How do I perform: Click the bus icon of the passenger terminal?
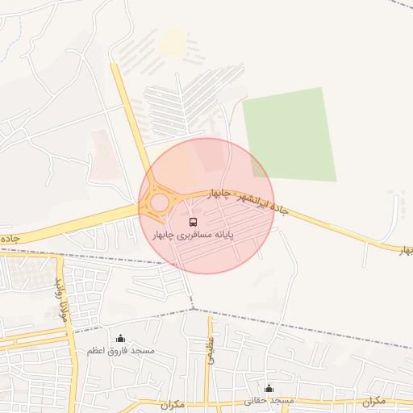pos(193,221)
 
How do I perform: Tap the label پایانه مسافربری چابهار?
pos(194,235)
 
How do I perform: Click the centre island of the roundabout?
pos(160,202)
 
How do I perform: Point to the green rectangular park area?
pos(290,133)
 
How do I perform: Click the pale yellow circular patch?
pos(172,42)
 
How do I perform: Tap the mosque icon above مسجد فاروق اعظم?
pos(121,338)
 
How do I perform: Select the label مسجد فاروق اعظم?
pos(121,351)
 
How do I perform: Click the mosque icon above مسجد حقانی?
pos(269,388)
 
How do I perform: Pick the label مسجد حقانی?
pos(273,401)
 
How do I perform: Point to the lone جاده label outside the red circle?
pos(10,239)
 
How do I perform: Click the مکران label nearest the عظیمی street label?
pos(173,403)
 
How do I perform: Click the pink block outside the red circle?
pos(106,154)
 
